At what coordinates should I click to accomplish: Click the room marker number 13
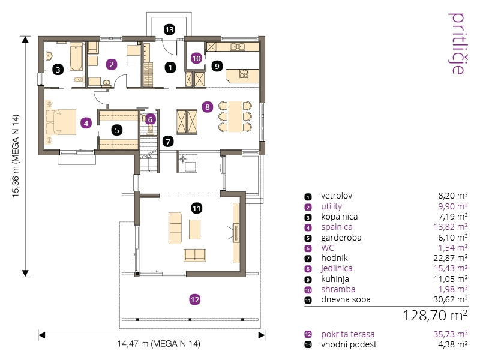click(169, 29)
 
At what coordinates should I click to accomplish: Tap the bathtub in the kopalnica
click(76, 57)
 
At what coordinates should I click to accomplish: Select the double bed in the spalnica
click(61, 122)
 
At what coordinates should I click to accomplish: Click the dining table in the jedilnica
click(235, 116)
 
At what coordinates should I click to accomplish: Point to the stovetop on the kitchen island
click(244, 74)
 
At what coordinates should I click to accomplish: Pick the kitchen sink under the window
click(238, 47)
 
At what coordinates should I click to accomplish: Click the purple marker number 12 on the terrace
click(195, 299)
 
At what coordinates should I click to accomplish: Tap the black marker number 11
click(197, 208)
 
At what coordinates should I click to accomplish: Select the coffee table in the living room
click(194, 229)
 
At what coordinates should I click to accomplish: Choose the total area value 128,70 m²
click(435, 316)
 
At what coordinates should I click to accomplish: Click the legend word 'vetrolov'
click(337, 196)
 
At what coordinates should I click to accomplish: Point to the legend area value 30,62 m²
click(451, 299)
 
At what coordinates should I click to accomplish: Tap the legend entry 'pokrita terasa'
click(348, 334)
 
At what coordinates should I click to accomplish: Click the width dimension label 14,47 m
click(159, 343)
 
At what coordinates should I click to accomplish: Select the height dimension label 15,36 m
click(16, 156)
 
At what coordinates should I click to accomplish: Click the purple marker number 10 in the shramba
click(196, 58)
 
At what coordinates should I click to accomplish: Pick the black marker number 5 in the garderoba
click(117, 130)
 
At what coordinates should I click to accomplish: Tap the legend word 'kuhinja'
click(335, 279)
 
